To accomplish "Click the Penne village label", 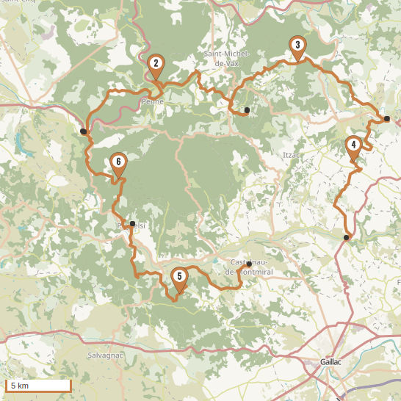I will (x=152, y=102).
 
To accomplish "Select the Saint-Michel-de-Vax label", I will (x=227, y=59).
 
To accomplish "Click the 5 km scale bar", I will (x=38, y=386).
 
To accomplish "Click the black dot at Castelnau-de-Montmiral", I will (x=249, y=264).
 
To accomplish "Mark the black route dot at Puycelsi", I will (x=132, y=224).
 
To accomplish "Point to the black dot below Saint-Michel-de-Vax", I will (x=247, y=110).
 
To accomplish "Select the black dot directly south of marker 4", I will (x=346, y=237).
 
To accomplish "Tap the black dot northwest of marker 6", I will (x=83, y=131).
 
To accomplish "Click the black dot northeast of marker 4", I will (x=386, y=118).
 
